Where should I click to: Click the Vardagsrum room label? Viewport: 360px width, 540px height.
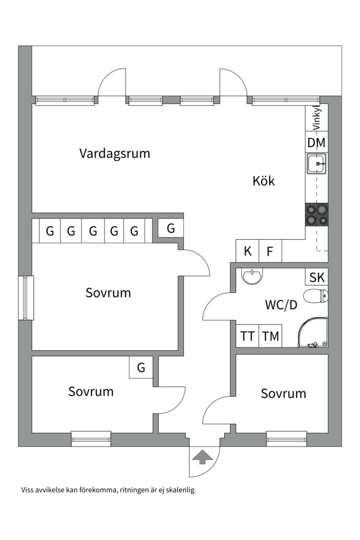click(114, 153)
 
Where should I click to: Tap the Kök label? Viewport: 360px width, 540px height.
click(263, 181)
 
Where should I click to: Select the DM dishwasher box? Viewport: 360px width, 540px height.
click(316, 143)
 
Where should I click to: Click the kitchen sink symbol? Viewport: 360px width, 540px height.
click(316, 163)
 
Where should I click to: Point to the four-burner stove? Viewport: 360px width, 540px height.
click(317, 215)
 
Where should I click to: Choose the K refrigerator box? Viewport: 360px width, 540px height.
click(247, 251)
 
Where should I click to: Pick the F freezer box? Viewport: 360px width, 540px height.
click(270, 251)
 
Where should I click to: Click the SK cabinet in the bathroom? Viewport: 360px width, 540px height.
click(316, 277)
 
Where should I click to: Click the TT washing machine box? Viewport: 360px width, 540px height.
click(247, 336)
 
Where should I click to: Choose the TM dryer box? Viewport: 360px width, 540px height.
click(270, 336)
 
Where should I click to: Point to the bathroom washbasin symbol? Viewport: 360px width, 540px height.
click(251, 275)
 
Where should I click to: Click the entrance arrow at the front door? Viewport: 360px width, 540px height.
click(202, 456)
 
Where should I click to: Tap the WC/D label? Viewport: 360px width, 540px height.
click(281, 305)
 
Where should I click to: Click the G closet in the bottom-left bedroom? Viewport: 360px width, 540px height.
click(141, 368)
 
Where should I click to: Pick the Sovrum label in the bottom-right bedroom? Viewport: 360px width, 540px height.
click(283, 393)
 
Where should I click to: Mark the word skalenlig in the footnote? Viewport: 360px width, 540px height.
click(179, 490)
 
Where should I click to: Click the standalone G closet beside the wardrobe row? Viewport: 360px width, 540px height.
click(171, 228)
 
